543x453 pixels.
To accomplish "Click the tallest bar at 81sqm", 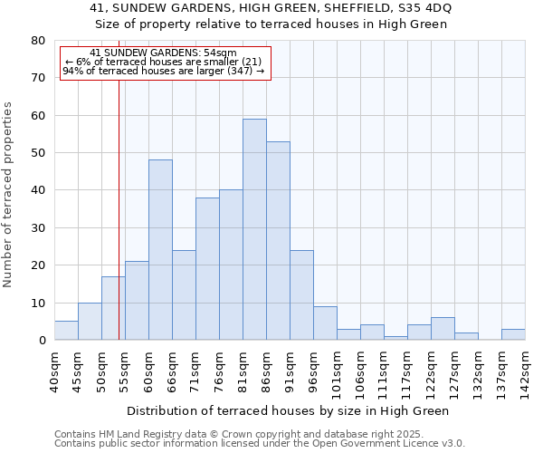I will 254,229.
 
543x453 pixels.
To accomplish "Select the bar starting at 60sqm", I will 160,250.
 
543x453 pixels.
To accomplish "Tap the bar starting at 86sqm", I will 278,241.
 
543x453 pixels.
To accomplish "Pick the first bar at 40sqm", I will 66,331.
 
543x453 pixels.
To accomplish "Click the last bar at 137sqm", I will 513,334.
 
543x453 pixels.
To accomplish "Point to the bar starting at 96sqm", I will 325,323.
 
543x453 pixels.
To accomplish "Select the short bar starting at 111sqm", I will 395,338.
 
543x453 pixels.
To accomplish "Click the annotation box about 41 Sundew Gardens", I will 165,63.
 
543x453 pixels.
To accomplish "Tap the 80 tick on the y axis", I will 38,41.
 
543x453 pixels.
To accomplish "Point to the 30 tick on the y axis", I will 38,228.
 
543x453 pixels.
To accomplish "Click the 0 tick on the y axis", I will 42,341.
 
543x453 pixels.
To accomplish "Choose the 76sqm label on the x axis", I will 219,366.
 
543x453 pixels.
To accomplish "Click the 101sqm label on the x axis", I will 337,369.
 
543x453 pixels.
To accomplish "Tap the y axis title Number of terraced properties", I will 8,194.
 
